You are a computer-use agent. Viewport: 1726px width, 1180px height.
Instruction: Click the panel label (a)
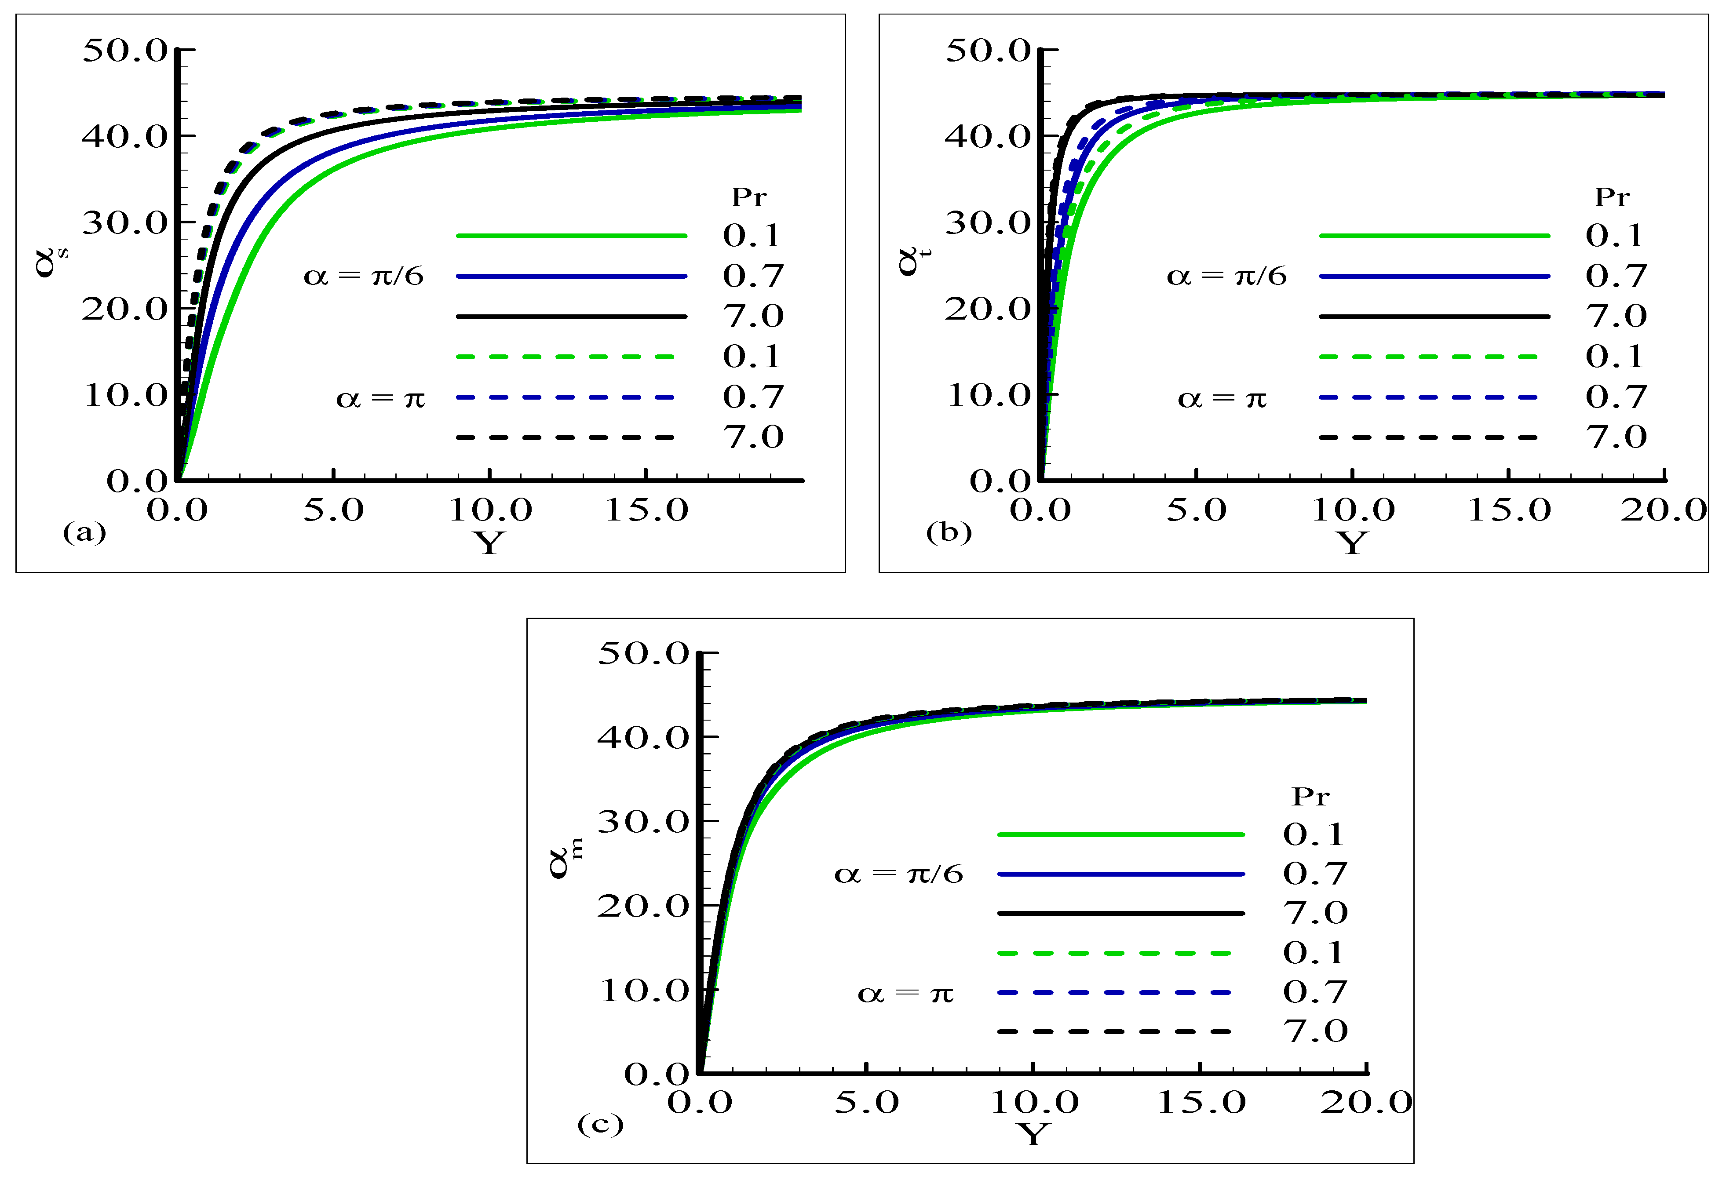point(85,532)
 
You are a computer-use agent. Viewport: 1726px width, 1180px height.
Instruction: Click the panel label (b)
point(949,532)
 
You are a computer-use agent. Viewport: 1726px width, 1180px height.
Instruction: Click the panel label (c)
point(600,1124)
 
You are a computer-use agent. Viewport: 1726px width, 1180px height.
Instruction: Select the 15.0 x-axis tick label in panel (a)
point(646,510)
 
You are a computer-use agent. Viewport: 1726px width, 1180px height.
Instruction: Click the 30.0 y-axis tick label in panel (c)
point(643,821)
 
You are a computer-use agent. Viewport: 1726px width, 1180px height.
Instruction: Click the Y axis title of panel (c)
point(1033,1134)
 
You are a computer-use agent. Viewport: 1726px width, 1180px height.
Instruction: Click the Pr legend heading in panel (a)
point(748,197)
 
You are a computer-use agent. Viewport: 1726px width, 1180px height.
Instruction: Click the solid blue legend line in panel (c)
point(1120,874)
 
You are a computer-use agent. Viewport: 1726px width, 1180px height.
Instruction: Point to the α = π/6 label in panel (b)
point(1226,276)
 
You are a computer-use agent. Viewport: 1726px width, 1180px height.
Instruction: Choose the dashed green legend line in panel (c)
point(1114,953)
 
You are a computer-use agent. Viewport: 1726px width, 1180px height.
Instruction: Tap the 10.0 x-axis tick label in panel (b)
point(1352,510)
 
